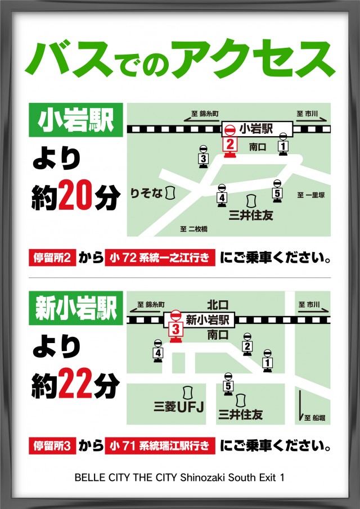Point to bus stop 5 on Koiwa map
tap(277, 192)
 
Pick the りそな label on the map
tap(146, 193)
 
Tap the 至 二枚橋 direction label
tap(194, 229)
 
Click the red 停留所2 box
tap(52, 258)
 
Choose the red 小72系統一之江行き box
tap(160, 258)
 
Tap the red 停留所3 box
tap(52, 447)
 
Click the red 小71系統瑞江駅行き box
tap(160, 447)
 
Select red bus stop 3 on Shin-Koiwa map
tap(176, 326)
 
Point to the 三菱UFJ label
tap(179, 406)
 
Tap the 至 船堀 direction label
tap(316, 418)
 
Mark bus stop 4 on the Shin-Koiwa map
tap(158, 350)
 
